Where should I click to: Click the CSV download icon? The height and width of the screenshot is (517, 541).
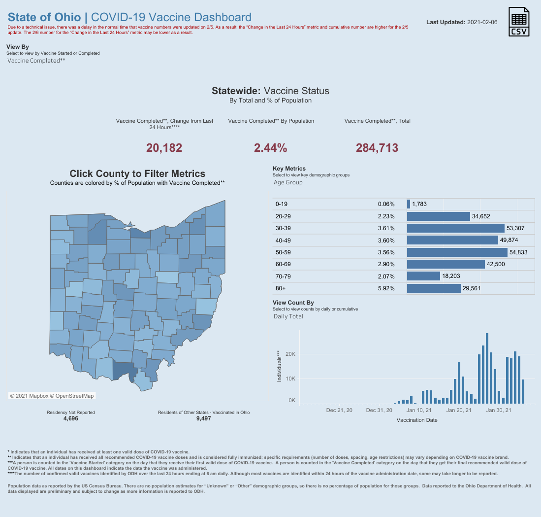tap(519, 21)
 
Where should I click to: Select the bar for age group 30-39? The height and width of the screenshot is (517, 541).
tap(455, 228)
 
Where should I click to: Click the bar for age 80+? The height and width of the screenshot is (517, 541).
tap(434, 288)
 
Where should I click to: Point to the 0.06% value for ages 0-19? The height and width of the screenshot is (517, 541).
tap(386, 204)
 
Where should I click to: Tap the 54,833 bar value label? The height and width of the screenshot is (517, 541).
tap(518, 252)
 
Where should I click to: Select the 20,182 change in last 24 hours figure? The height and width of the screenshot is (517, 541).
tap(164, 148)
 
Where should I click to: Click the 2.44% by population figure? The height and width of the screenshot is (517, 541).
tap(271, 148)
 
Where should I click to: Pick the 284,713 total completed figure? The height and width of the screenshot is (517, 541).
tap(377, 148)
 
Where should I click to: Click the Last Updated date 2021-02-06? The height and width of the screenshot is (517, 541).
tap(482, 22)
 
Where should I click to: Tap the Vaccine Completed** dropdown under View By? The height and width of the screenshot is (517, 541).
tap(36, 61)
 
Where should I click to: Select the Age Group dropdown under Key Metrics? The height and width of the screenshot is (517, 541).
tap(288, 182)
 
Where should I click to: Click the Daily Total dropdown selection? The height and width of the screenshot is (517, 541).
tap(288, 316)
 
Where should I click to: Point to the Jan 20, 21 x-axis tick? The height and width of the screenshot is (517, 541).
tap(458, 410)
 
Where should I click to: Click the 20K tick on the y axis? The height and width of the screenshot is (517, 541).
tap(290, 354)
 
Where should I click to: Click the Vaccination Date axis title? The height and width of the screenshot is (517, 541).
tap(417, 420)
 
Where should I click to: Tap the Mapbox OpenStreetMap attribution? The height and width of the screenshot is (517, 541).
tap(52, 396)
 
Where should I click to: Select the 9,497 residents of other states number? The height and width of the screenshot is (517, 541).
tap(204, 418)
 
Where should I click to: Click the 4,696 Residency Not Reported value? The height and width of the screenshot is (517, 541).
tap(71, 418)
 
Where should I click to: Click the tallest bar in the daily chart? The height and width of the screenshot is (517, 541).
tap(487, 369)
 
